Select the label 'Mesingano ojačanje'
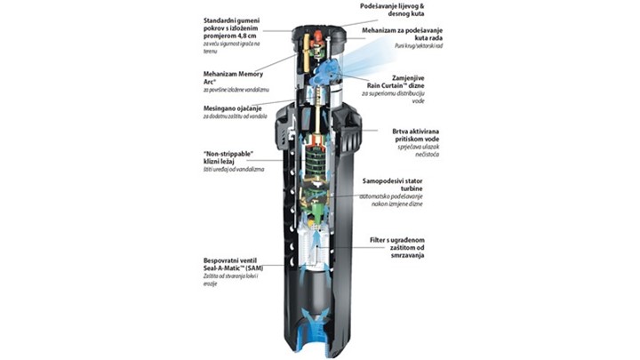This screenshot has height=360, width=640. click(x=233, y=109)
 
